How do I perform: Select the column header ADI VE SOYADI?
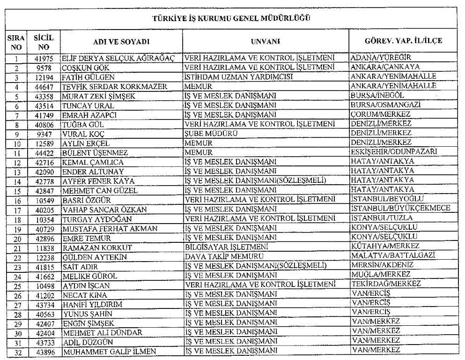pos(121,41)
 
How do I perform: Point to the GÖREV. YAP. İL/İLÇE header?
pos(403,41)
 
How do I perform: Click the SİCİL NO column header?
pos(44,41)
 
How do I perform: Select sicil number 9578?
pos(44,67)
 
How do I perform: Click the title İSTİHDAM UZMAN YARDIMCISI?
pos(239,76)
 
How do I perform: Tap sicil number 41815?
pos(44,266)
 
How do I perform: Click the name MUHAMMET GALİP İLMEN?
pos(109,351)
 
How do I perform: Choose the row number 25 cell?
pos(16,285)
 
